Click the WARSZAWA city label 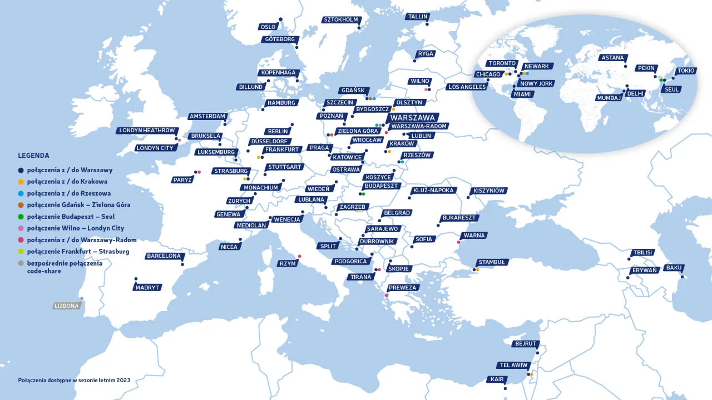(412, 118)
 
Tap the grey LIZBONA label (67, 306)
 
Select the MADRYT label (147, 288)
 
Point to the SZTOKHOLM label (340, 20)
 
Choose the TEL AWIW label (514, 366)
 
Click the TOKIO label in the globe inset (685, 71)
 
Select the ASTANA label (614, 58)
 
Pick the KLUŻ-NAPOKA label (433, 191)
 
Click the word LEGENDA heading (33, 156)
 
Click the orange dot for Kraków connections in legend (21, 182)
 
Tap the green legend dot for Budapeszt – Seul (21, 217)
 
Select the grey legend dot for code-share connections (21, 263)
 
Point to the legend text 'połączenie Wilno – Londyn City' (76, 228)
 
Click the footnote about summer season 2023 (74, 381)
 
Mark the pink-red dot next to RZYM (299, 256)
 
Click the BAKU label (674, 268)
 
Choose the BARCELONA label (164, 256)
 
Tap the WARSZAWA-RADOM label (418, 126)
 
